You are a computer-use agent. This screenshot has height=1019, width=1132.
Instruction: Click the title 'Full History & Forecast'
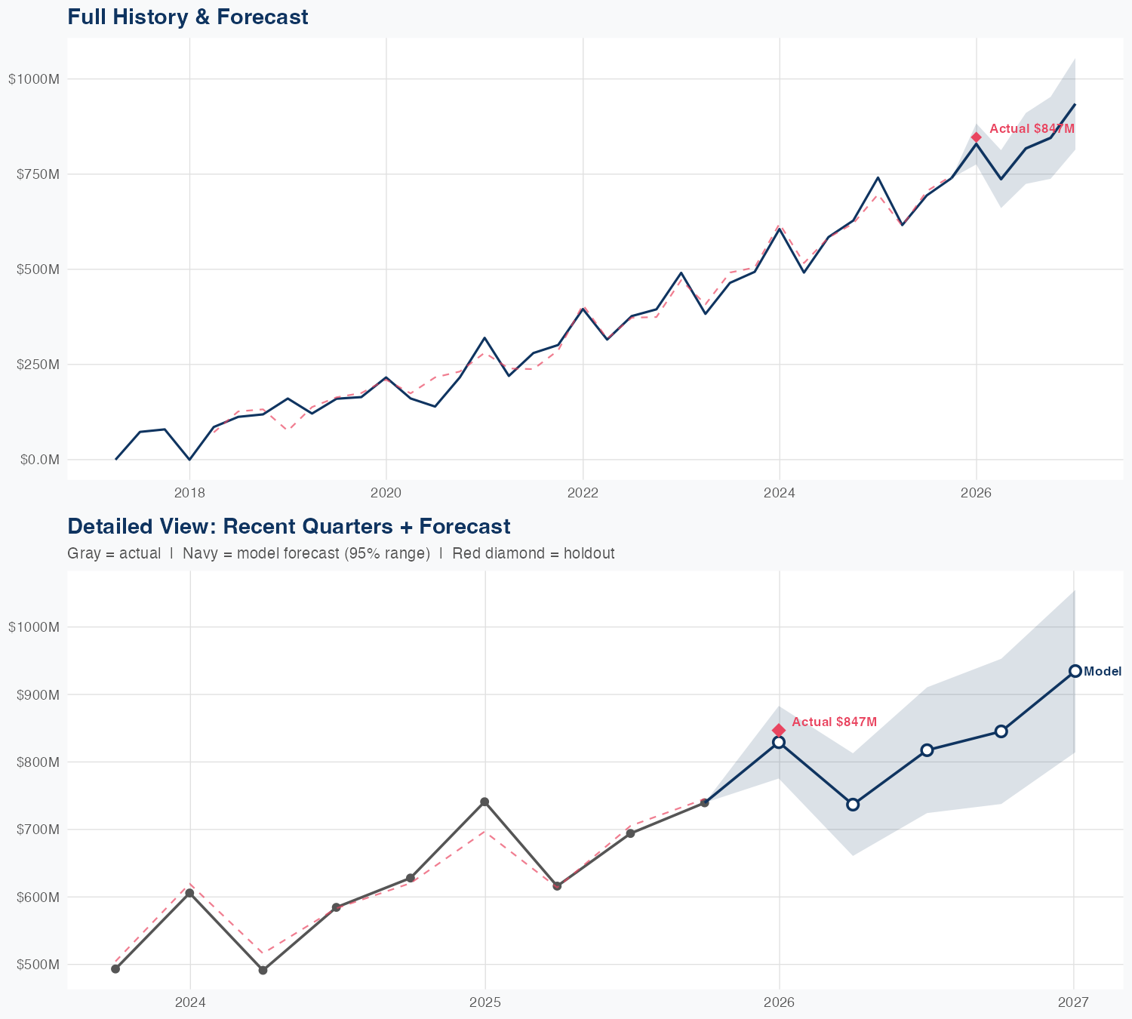pos(187,17)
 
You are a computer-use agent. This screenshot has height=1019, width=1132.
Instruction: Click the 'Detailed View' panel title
pos(288,526)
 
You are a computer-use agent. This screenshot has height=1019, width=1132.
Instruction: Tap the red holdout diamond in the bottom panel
pos(779,730)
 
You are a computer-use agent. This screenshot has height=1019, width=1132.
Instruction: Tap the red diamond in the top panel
pos(976,137)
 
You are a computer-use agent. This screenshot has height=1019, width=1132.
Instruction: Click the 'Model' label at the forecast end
pos(1103,672)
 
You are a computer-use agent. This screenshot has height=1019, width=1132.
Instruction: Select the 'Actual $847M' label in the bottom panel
pos(834,722)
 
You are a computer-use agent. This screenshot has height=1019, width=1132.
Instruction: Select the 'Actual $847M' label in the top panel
pos(1032,129)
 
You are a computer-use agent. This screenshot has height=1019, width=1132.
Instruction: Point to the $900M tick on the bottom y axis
pos(33,694)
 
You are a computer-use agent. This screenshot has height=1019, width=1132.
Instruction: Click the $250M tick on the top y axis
pos(33,365)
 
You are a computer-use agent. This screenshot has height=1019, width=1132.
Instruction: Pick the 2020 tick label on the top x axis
pos(386,494)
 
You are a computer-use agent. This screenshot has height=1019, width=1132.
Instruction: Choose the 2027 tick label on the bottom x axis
pos(1073,1002)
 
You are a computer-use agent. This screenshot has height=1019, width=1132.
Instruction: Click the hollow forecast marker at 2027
pos(1075,671)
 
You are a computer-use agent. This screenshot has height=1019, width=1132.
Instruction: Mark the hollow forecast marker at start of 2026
pos(779,743)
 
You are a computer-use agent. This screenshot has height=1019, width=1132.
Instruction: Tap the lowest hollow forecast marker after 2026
pos(853,805)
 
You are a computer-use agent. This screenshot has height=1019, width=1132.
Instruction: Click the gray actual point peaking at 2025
pos(484,802)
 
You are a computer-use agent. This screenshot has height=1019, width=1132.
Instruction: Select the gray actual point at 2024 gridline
pos(189,893)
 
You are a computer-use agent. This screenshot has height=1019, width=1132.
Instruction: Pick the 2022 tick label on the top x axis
pos(583,494)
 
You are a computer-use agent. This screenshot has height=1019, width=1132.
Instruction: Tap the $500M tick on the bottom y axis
pos(33,965)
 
